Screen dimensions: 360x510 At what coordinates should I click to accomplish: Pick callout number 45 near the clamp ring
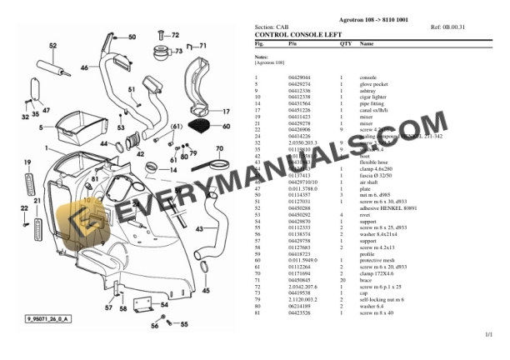pyautogui.click(x=205, y=291)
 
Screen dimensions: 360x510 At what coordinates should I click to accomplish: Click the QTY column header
pyautogui.click(x=345, y=42)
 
